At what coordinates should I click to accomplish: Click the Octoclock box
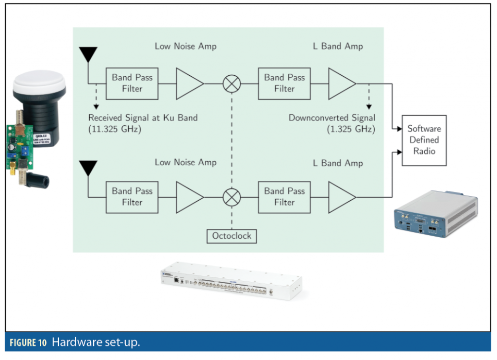[x=232, y=236]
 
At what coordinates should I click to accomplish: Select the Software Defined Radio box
[x=424, y=140]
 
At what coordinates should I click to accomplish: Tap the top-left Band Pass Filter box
[x=132, y=83]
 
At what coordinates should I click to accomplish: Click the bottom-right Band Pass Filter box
[x=284, y=197]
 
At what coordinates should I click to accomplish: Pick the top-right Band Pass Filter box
[x=284, y=83]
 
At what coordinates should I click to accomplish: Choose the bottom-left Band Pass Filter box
[x=132, y=197]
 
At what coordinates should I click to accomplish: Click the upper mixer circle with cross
[x=232, y=84]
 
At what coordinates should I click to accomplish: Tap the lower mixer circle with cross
[x=232, y=197]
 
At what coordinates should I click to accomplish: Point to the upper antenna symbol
[x=88, y=54]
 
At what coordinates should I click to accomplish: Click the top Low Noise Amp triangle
[x=188, y=84]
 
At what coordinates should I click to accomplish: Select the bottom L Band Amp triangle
[x=341, y=197]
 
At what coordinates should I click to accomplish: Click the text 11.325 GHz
[x=116, y=129]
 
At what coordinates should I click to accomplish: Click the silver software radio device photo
[x=435, y=214]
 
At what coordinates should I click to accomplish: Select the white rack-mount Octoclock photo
[x=230, y=283]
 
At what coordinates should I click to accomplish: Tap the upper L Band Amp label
[x=338, y=47]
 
